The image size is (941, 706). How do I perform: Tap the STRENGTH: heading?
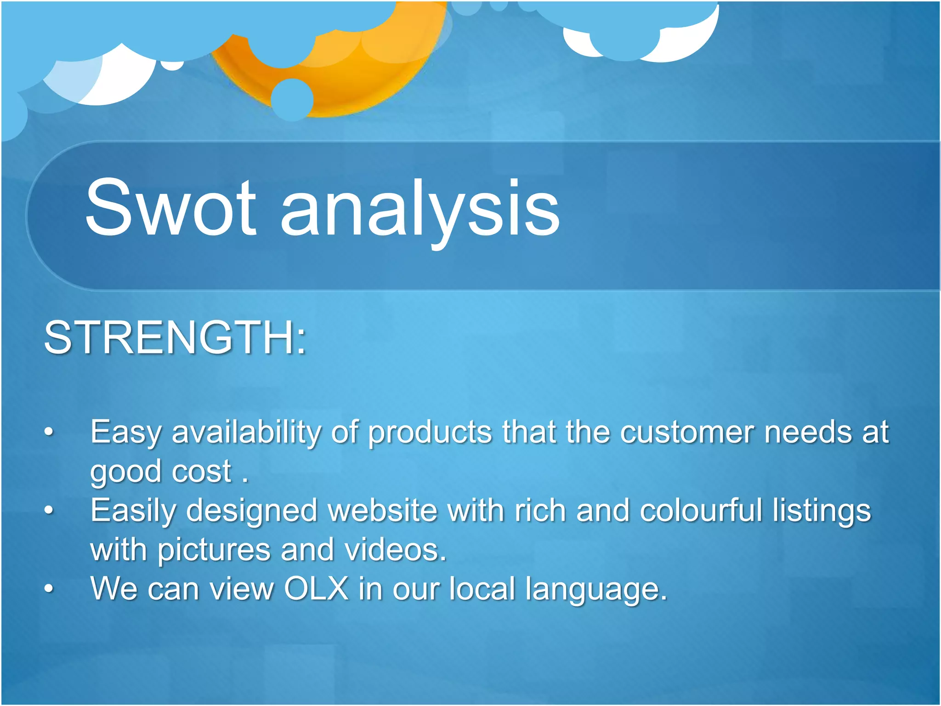175,338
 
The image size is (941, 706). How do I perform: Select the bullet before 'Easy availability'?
49,432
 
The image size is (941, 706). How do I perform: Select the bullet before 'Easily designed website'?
49,510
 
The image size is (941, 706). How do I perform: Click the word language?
595,590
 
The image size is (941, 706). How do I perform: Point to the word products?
430,433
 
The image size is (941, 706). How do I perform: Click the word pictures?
214,551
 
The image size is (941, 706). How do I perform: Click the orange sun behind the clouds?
349,78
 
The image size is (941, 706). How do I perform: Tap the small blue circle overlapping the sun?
292,99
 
